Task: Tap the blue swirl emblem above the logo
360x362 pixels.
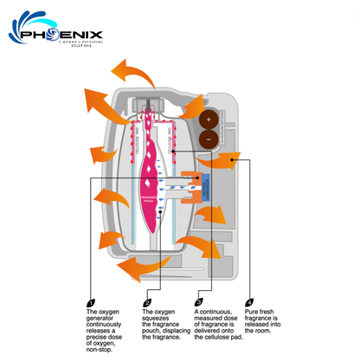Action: tap(32, 27)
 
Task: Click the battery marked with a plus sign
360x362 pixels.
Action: tap(208, 120)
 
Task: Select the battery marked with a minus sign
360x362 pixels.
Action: tap(208, 139)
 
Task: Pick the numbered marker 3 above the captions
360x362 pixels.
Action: tap(199, 302)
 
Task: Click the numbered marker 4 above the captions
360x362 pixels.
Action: tap(250, 302)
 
